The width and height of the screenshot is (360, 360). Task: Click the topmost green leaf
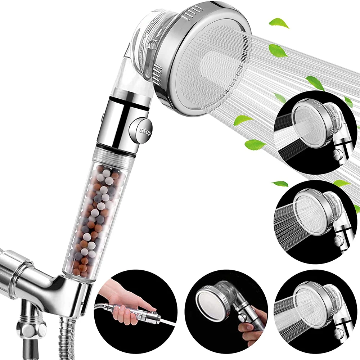pos(279,23)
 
